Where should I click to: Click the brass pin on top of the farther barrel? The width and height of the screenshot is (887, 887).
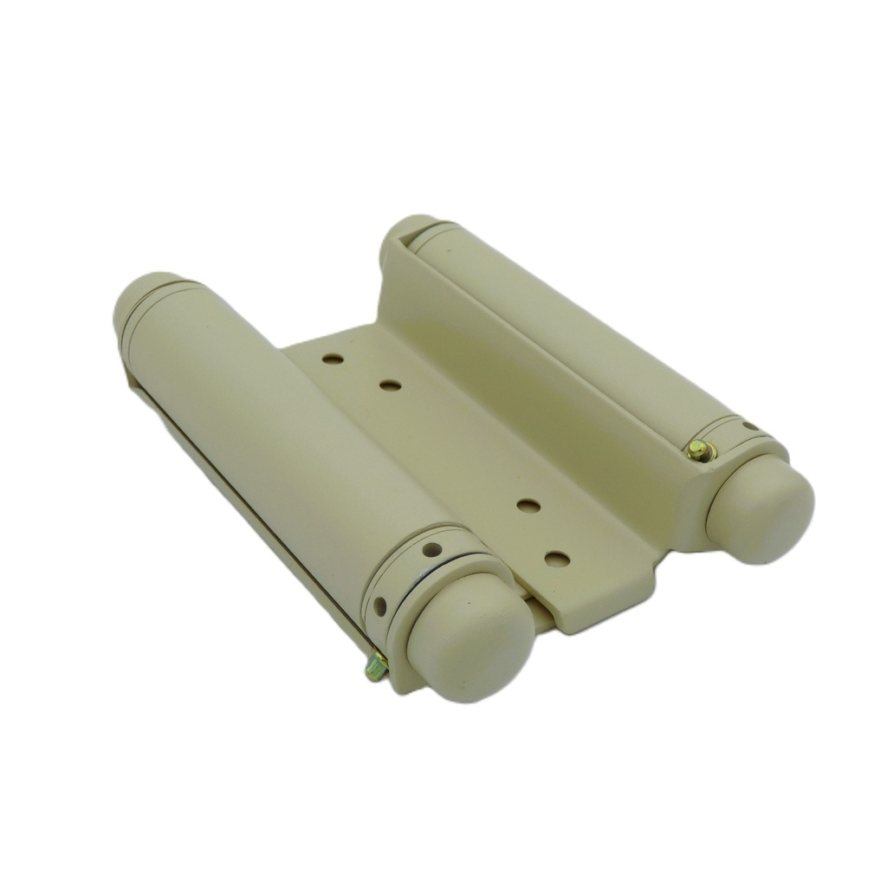[x=700, y=450]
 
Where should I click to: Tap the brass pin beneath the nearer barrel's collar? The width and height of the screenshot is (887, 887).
[x=376, y=666]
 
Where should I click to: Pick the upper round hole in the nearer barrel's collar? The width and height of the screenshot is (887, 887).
[x=432, y=549]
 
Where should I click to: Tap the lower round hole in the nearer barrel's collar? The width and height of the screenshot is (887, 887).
[x=379, y=606]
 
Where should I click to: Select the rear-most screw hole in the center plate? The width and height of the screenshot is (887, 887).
[x=333, y=357]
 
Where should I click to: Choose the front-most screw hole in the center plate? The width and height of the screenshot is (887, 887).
[x=557, y=560]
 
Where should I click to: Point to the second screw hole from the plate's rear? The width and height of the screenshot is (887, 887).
[x=391, y=385]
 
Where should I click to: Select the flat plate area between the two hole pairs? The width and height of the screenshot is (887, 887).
[x=459, y=442]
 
